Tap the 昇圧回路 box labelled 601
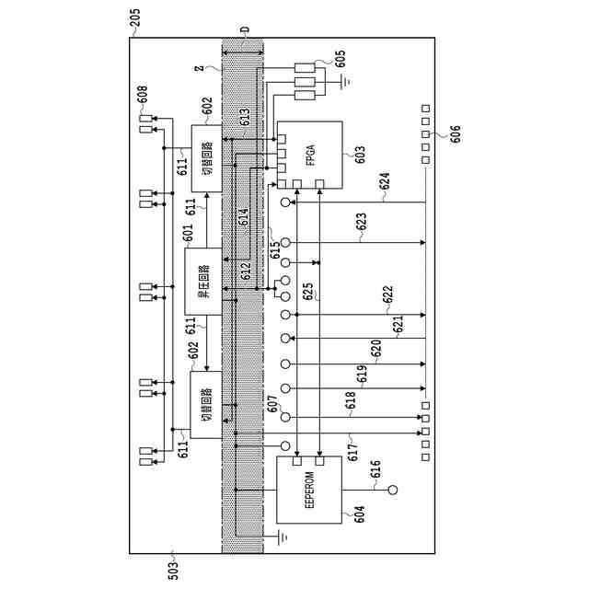click(x=202, y=282)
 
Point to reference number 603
click(x=358, y=155)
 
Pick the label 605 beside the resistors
click(x=340, y=59)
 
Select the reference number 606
click(x=452, y=134)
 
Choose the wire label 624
click(x=384, y=184)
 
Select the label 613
click(x=246, y=118)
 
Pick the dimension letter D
click(x=244, y=30)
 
